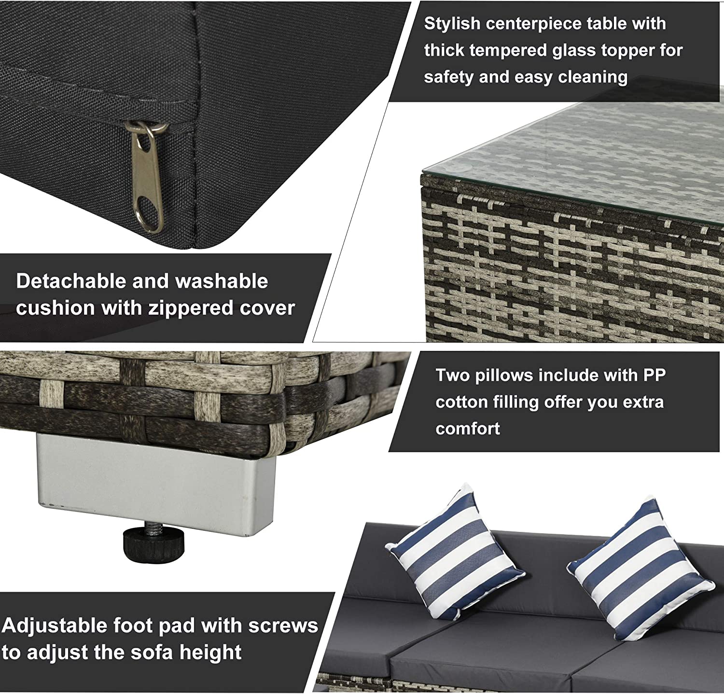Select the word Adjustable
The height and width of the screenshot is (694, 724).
[x=54, y=625]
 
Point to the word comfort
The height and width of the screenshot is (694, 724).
[x=467, y=429]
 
